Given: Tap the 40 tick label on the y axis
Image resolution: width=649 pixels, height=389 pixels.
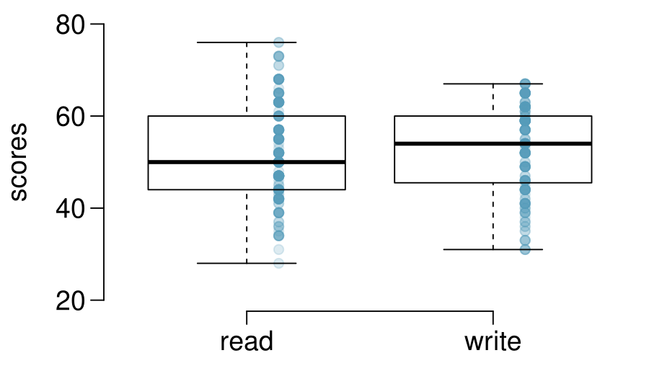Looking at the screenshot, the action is tap(70, 209).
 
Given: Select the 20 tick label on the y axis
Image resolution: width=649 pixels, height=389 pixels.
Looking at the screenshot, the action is tap(70, 301).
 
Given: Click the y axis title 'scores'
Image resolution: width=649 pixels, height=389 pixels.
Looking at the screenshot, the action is tap(18, 161).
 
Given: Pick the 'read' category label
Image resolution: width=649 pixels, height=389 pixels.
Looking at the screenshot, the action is tap(247, 341).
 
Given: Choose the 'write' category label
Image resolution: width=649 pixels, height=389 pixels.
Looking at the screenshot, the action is tap(493, 341).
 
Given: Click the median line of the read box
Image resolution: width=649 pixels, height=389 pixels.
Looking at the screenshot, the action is tap(247, 162).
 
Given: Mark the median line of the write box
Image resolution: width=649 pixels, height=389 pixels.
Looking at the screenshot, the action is tap(493, 144).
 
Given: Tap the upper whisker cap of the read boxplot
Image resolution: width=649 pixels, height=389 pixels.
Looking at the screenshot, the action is tap(247, 43).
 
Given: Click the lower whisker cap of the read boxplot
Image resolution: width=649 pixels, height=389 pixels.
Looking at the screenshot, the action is tap(247, 263).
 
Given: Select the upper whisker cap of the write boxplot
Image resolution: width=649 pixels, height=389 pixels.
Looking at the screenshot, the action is tap(493, 84).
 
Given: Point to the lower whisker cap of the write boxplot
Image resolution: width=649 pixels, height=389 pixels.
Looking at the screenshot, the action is tap(493, 249).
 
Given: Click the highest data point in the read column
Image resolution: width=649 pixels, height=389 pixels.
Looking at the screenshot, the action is tap(278, 43).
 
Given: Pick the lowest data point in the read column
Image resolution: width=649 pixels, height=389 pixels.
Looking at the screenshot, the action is tap(278, 263).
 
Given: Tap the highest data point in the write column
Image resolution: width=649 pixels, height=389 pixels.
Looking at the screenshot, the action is tap(525, 84).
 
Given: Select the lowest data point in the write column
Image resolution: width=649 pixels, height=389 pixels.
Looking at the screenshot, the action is tap(525, 249).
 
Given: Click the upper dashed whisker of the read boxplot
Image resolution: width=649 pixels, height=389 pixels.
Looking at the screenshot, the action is tap(247, 79).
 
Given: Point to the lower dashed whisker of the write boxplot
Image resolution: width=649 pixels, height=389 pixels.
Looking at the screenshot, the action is tap(493, 216).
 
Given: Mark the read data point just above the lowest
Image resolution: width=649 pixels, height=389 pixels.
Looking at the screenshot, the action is tap(278, 249).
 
